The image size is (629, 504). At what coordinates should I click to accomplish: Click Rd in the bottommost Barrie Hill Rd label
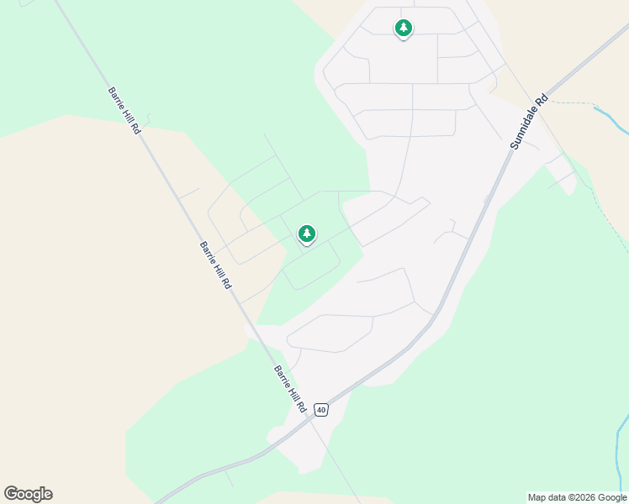(x=300, y=404)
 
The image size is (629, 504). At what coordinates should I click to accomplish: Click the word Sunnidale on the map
(x=524, y=128)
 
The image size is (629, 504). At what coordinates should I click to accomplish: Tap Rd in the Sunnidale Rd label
(x=542, y=98)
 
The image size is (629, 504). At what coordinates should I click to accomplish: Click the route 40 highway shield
(x=320, y=409)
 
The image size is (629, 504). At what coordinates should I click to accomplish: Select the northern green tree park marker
(x=404, y=29)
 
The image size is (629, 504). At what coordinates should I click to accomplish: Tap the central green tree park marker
(x=307, y=234)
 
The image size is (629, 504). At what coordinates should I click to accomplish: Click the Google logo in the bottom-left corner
(x=28, y=494)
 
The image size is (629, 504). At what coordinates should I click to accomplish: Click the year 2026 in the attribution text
(x=584, y=497)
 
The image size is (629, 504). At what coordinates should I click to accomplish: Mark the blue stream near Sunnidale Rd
(x=612, y=117)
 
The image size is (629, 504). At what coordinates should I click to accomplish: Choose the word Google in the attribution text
(x=612, y=497)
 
